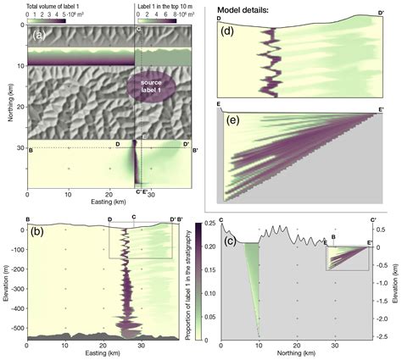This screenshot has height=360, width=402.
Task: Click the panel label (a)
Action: tap(39, 36)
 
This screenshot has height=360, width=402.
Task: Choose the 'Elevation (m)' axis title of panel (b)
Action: tap(5, 284)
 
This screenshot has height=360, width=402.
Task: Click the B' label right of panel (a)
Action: tap(195, 151)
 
